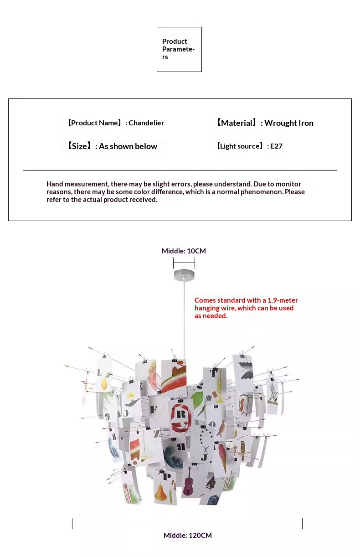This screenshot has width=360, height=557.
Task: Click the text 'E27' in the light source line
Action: pos(276,146)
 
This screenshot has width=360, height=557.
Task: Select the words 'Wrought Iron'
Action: pos(289,123)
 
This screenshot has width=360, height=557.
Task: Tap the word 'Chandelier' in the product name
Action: pos(146,123)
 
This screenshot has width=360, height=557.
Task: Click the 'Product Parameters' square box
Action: pos(179,49)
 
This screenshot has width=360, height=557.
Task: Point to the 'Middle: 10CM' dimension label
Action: pos(184,251)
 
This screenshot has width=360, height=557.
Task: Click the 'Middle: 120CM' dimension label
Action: pos(188,536)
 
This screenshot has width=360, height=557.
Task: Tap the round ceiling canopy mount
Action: pos(184,274)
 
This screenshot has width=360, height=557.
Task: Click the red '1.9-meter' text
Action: pos(283,300)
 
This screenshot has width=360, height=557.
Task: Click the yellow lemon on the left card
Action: pos(104,383)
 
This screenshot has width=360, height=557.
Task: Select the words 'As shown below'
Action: pos(128,146)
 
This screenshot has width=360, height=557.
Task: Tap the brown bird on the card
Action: pos(222,428)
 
